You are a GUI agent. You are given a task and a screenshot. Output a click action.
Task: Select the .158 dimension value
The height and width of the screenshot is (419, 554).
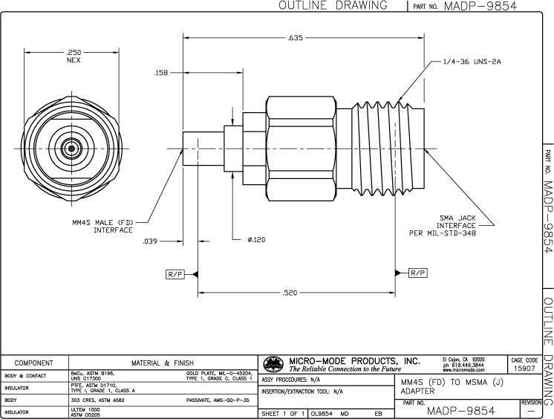(161, 73)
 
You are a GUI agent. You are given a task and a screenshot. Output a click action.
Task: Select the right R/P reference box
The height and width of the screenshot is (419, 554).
(418, 273)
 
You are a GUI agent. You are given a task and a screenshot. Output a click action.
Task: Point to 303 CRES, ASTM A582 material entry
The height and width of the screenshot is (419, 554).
(102, 399)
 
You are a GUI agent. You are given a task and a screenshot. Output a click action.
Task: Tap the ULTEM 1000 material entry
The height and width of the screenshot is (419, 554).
(85, 411)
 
